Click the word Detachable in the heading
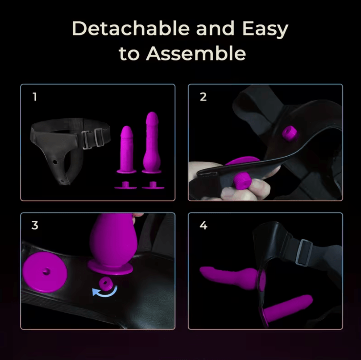coord(131,28)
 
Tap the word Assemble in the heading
coord(196,54)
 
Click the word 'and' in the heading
coord(215,28)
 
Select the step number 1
coord(35,97)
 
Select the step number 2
coord(203,97)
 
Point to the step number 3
coord(35,225)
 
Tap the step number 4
coord(203,225)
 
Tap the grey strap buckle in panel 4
coord(303,252)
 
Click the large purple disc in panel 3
coord(45,272)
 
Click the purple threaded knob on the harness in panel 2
coord(290,133)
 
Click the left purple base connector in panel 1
coord(126,185)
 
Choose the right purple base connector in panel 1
coord(153,185)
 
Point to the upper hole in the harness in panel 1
coord(55,162)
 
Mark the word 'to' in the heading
coord(129,54)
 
